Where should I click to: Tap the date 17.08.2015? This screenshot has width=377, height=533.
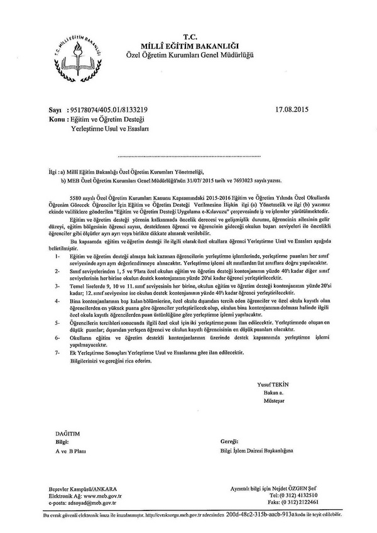[294, 109]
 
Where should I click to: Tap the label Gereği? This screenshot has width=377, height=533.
[223, 442]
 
